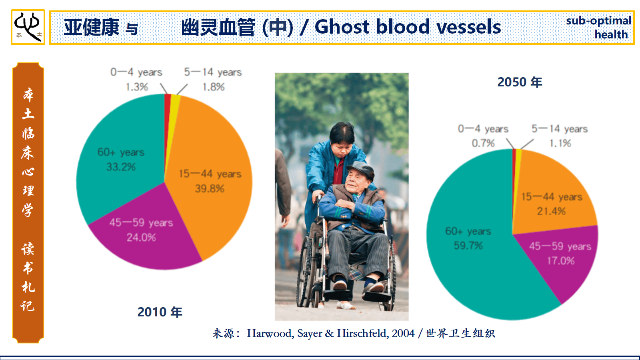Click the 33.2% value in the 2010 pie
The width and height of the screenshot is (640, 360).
tap(121, 167)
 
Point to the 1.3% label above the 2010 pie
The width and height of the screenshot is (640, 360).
tap(137, 87)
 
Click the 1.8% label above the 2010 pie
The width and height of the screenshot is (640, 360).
tap(214, 87)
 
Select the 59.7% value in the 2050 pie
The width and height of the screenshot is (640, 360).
tap(468, 246)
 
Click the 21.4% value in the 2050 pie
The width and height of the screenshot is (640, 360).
tap(551, 211)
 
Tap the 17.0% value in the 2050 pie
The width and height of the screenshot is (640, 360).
tap(560, 260)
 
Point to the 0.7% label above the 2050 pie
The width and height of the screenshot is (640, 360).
tap(483, 143)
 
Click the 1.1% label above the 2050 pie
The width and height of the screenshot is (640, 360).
tap(560, 143)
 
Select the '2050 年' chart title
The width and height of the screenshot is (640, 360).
tap(520, 82)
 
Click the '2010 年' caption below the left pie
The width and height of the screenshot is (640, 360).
tap(160, 312)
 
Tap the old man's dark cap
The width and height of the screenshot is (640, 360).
tap(360, 168)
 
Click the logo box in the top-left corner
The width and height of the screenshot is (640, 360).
tap(28, 27)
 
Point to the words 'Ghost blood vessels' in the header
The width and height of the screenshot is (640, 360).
tap(408, 27)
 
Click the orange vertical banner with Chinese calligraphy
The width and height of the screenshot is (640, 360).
tap(28, 203)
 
